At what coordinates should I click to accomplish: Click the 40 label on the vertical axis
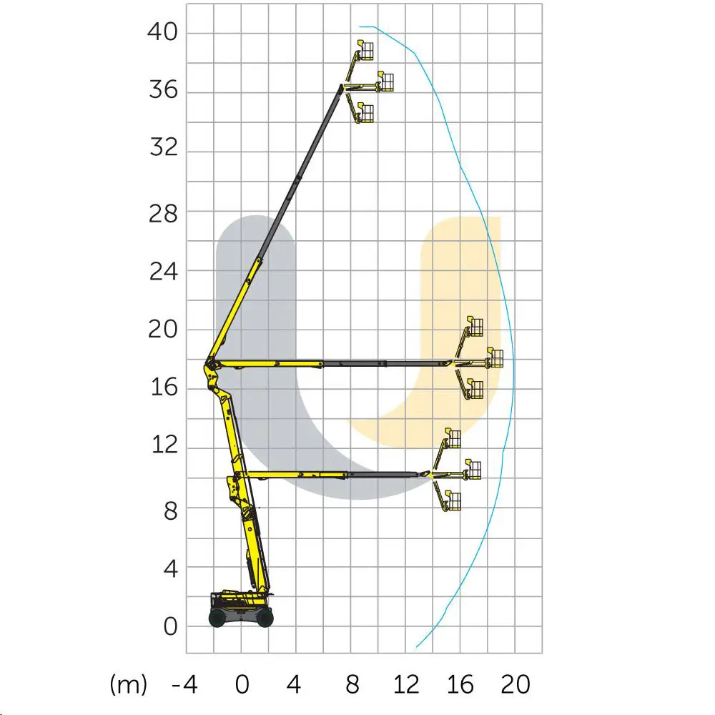click(x=163, y=33)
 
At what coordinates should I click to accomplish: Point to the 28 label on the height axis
click(x=163, y=212)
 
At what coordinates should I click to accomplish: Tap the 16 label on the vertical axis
click(x=163, y=389)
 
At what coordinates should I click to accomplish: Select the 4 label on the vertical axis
click(x=169, y=568)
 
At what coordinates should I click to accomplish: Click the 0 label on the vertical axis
click(x=169, y=627)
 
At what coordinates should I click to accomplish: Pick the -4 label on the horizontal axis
click(x=184, y=685)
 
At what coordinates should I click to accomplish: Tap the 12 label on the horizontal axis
click(x=406, y=685)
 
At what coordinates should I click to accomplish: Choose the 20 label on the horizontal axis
click(x=515, y=685)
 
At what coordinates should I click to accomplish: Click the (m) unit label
click(x=129, y=685)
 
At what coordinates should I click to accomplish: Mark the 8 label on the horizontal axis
click(x=352, y=685)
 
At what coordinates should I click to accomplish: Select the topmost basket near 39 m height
click(x=366, y=51)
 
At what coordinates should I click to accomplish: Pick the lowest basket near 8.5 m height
click(x=453, y=501)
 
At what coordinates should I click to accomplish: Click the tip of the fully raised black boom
click(x=342, y=87)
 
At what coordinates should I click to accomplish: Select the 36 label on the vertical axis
click(x=163, y=92)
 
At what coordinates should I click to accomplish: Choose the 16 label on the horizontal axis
click(x=461, y=685)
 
